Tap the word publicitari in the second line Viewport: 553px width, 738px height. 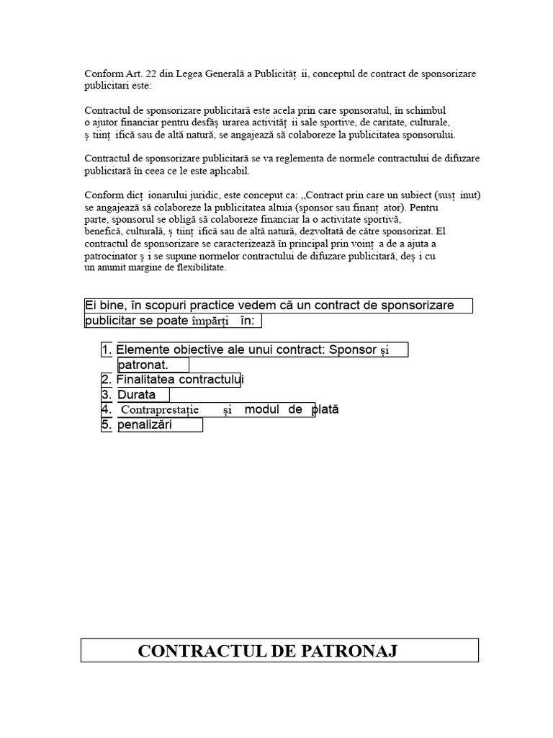pos(107,85)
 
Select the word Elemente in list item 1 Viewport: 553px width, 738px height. pos(140,350)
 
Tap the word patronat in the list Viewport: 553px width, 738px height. pos(142,365)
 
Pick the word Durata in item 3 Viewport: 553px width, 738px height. pos(136,395)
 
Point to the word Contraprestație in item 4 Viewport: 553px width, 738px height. pos(160,410)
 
